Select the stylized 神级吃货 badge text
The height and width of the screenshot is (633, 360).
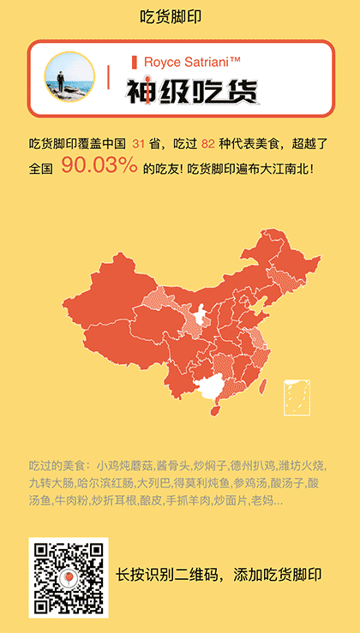(x=192, y=92)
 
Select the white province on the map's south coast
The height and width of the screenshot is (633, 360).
(x=210, y=389)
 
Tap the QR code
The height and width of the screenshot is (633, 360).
(x=69, y=577)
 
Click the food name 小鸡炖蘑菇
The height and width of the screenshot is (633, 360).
(x=125, y=467)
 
